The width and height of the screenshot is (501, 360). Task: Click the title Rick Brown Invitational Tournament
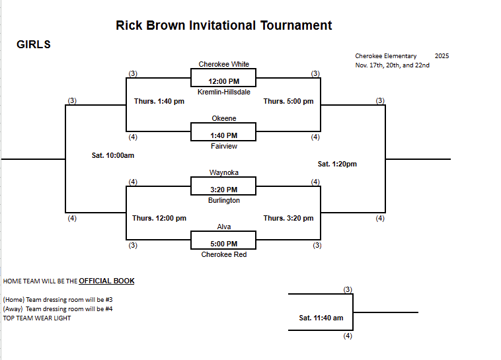tap(223, 26)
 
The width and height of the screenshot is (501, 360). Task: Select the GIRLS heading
tap(34, 45)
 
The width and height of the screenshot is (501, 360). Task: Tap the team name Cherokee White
tap(224, 64)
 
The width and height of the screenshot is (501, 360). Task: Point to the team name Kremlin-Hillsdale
tap(224, 92)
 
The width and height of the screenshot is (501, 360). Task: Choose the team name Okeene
tap(224, 118)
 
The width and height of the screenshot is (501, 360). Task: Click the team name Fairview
tap(224, 146)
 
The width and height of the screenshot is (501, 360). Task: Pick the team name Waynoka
tap(224, 172)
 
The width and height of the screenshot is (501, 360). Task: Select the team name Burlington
tap(224, 200)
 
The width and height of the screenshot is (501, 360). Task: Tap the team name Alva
tap(224, 227)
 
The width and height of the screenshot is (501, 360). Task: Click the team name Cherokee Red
tap(224, 254)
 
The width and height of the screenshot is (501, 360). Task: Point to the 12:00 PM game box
tap(224, 81)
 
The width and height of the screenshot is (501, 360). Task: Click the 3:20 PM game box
tap(224, 189)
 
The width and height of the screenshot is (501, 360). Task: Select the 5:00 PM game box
tap(224, 243)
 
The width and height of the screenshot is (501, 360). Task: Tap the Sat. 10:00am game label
tap(113, 155)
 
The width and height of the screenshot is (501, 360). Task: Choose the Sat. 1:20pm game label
tap(337, 164)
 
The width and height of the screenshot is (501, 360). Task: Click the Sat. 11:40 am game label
tap(321, 318)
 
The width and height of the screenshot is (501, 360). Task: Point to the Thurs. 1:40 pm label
tap(159, 101)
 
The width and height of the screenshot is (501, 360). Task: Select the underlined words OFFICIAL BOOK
tap(106, 281)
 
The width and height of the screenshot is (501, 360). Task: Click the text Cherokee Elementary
tap(386, 56)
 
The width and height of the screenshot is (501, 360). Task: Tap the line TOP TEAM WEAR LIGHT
tap(37, 318)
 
